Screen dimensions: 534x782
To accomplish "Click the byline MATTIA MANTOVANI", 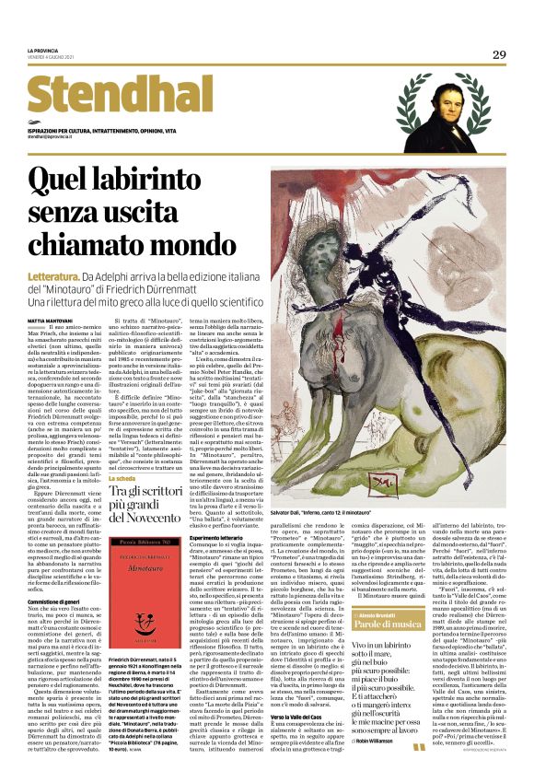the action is [50, 319].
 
